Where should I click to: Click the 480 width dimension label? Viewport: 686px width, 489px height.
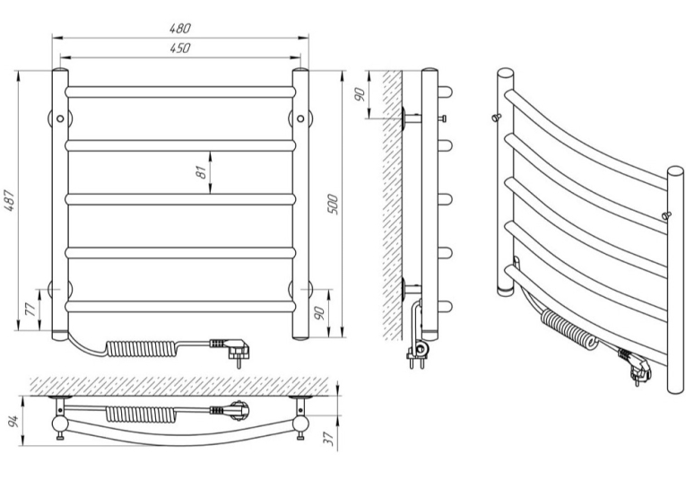[180, 28]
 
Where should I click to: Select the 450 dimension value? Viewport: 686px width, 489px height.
[180, 48]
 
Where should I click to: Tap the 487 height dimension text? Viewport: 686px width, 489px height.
[10, 201]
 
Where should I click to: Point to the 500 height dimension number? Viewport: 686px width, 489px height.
[333, 204]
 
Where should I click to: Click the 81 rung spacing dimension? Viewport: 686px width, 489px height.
[201, 172]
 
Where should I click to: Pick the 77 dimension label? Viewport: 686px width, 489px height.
[30, 310]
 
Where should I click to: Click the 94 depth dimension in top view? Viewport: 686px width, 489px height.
[13, 421]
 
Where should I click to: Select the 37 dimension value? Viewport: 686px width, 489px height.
[331, 439]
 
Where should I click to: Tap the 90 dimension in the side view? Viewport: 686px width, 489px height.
[360, 94]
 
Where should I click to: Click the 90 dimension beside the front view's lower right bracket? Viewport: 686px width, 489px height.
[319, 312]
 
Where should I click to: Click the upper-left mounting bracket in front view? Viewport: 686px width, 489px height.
[60, 118]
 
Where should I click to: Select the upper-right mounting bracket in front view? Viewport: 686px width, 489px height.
[300, 118]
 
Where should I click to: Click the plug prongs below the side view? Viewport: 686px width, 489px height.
[416, 362]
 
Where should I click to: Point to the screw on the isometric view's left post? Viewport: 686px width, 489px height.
[496, 117]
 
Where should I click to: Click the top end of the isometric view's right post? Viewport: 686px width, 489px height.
[676, 171]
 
